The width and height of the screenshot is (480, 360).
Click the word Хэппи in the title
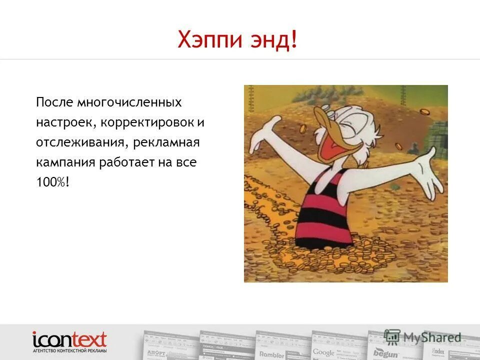pos(205,39)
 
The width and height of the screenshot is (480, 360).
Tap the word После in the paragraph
pos(53,102)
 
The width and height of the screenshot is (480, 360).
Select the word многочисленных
pos(129,102)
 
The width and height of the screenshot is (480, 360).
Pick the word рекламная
pos(167,143)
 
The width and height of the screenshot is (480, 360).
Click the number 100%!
pos(52,183)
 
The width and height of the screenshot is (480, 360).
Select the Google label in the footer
pos(323,352)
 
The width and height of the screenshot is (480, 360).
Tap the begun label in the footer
pos(385,354)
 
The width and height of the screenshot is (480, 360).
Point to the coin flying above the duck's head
pos(424,111)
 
